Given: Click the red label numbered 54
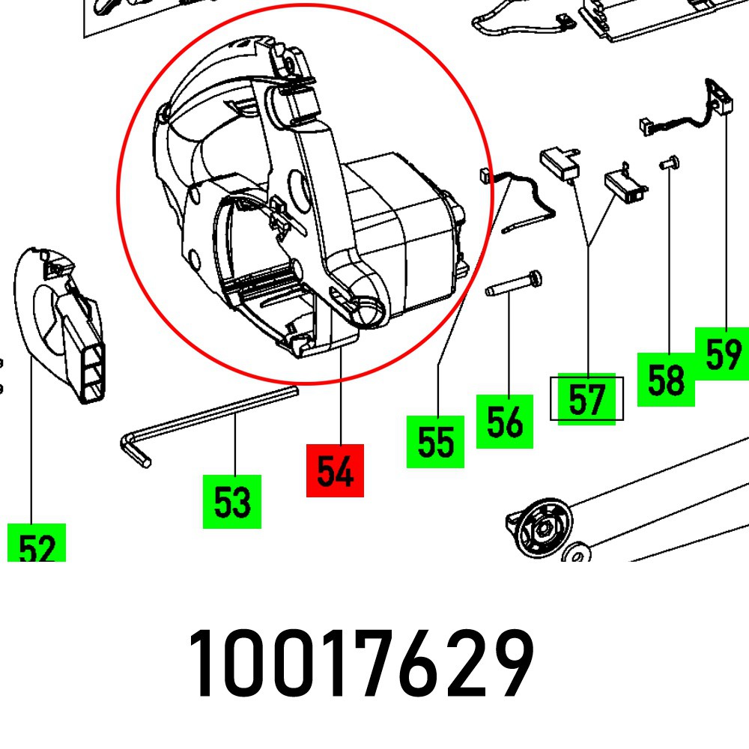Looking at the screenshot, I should (335, 470).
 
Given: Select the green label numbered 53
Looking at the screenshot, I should (232, 501).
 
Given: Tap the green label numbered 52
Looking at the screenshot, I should (37, 545).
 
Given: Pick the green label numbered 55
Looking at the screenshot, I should (435, 441).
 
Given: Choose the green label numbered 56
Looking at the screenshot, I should (504, 422).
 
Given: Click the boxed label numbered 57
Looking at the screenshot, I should (586, 398).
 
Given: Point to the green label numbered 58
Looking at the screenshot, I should (666, 379).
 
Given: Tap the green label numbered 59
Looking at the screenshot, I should (722, 354).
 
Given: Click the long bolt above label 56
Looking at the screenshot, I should (514, 285).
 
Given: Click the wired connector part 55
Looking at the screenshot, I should (517, 198).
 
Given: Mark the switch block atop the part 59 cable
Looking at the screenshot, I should (718, 95).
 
